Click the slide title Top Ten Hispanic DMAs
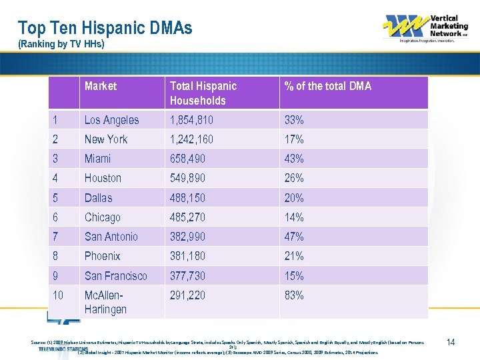point(105,28)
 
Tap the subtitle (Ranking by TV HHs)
point(61,45)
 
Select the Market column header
point(101,86)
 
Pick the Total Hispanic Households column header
point(203,93)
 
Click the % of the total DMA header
point(327,86)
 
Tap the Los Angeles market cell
point(112,120)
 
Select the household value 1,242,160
point(192,139)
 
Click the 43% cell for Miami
point(294,159)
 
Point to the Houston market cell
point(103,178)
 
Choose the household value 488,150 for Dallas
point(188,198)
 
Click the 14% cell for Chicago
point(294,217)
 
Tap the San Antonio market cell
point(111,237)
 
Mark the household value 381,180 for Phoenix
point(188,256)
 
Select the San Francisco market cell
point(116,275)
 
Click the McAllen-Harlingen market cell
point(105,302)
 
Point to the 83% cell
point(294,295)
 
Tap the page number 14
point(451,342)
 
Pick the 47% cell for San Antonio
point(294,237)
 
